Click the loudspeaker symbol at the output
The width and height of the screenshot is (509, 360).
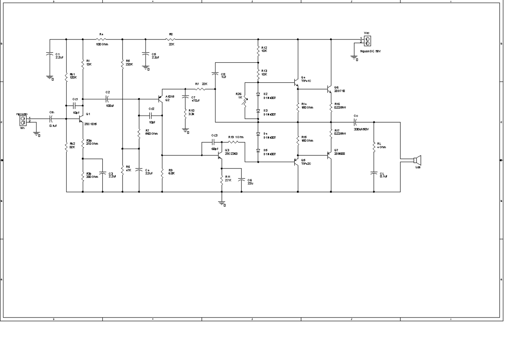(x=417, y=160)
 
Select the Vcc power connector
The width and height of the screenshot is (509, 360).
(x=367, y=41)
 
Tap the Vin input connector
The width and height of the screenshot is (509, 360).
(x=22, y=121)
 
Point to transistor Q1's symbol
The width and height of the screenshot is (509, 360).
(x=81, y=120)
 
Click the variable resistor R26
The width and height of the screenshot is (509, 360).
(x=246, y=101)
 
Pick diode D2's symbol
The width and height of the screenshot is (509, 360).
(x=258, y=94)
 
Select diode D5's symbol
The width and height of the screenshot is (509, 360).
(x=258, y=150)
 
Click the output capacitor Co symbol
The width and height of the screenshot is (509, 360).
(x=355, y=122)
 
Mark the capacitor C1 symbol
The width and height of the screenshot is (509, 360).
(x=50, y=54)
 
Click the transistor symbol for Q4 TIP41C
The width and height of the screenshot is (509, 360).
(x=296, y=83)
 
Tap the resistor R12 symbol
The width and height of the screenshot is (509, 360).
(x=258, y=50)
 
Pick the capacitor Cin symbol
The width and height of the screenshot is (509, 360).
(x=50, y=119)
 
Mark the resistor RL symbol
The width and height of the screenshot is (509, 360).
(x=374, y=146)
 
